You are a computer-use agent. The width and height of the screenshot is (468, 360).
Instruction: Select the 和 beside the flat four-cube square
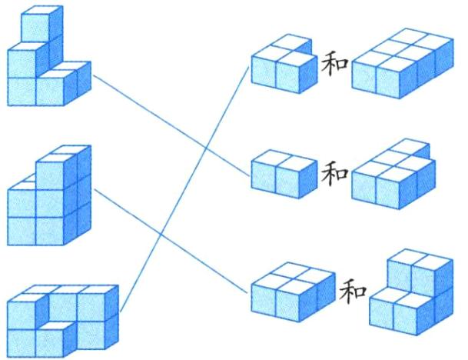352,291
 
